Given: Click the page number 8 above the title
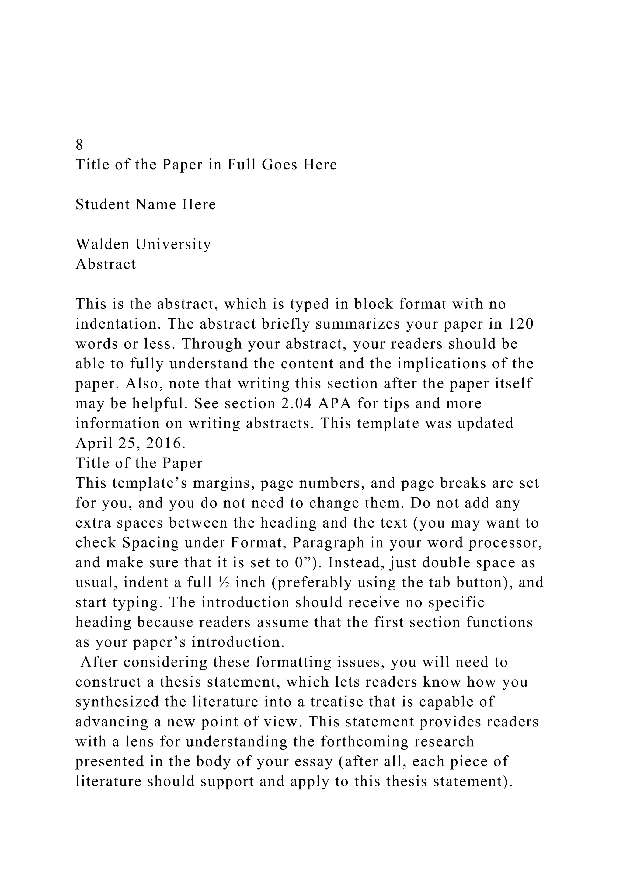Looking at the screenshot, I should point(79,145).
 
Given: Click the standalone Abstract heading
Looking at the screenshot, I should point(106,264).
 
